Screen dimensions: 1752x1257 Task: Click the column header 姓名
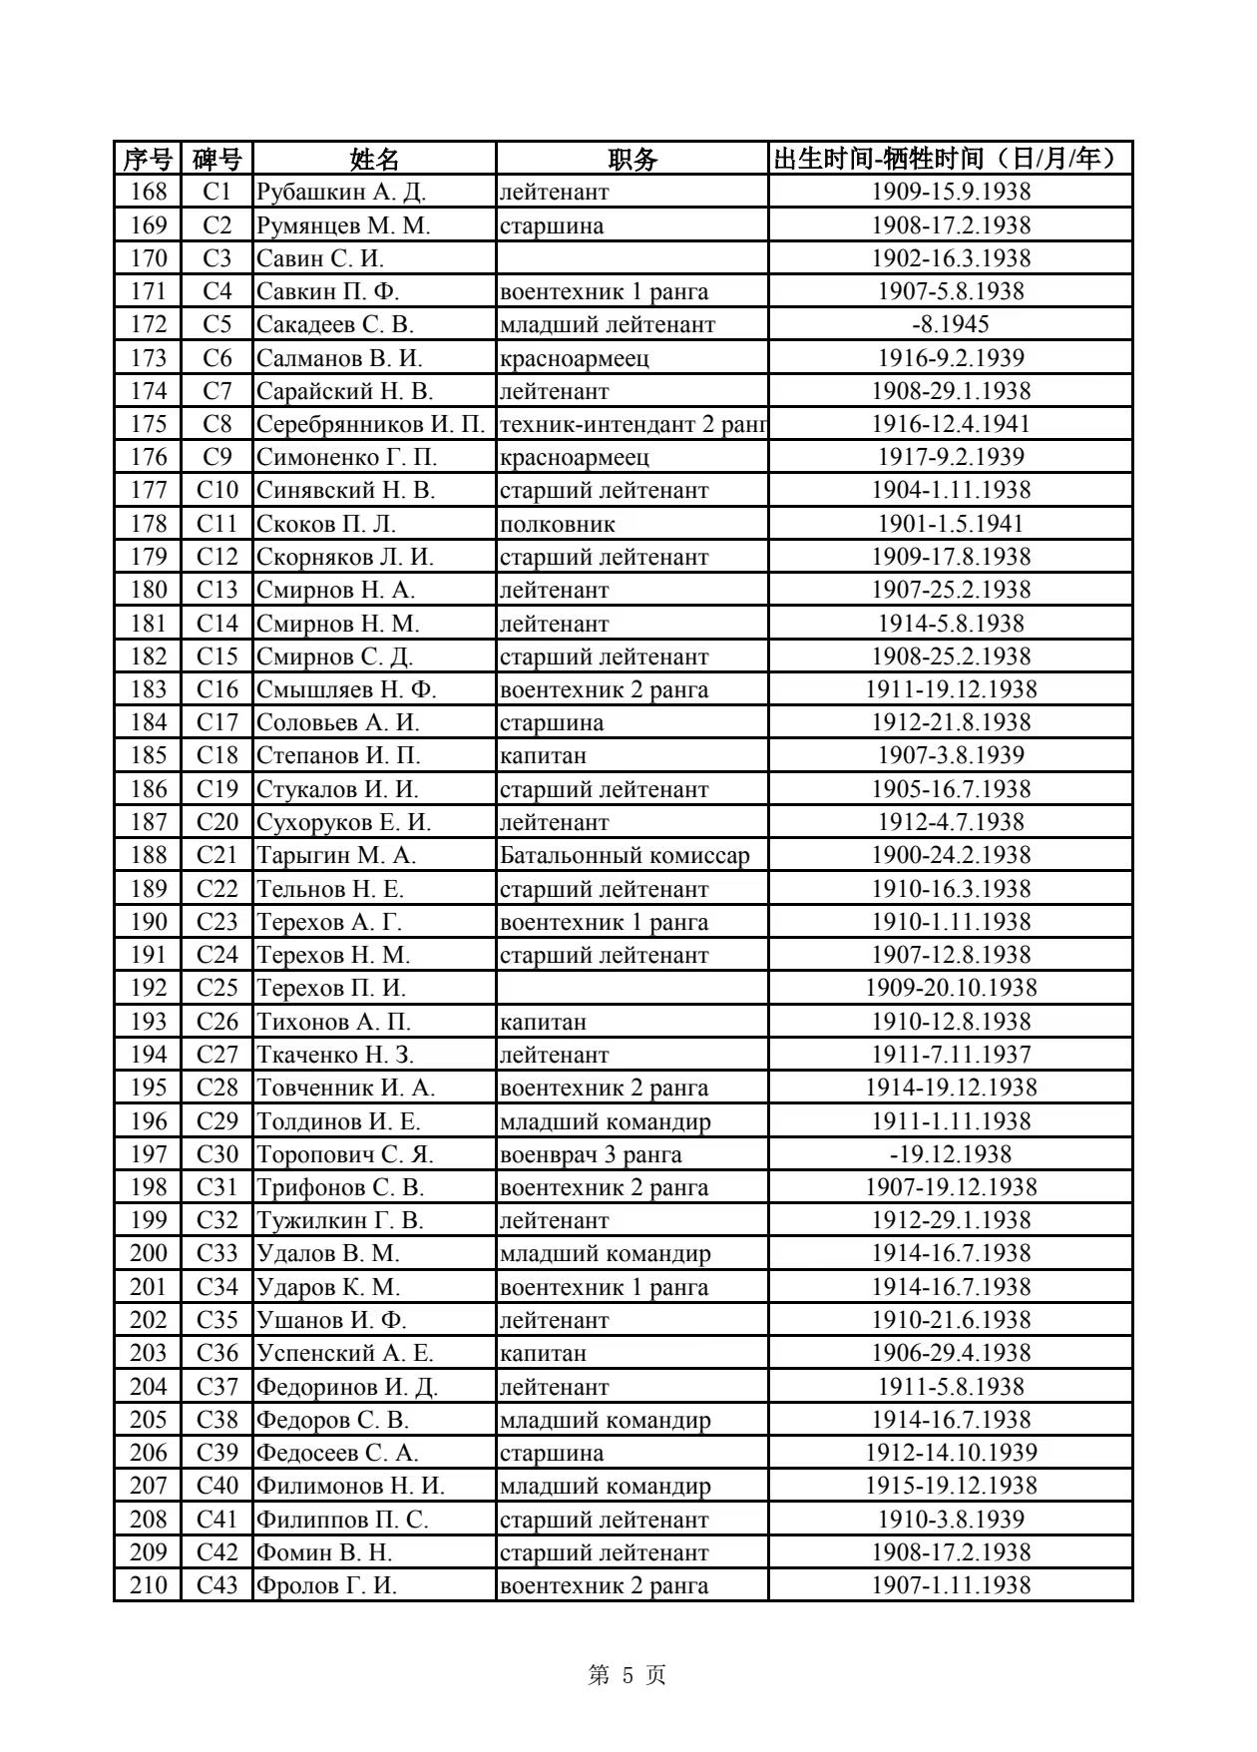374,159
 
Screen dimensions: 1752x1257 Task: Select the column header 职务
631,159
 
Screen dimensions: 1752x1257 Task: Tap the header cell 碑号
216,159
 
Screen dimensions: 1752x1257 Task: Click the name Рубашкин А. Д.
341,192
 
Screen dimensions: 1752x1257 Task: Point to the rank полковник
557,524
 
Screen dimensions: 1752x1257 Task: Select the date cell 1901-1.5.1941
950,524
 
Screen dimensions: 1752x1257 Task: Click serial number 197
148,1154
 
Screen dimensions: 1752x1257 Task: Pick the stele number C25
216,988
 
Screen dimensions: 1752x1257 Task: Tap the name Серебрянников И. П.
370,424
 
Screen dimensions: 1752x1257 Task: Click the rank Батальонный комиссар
624,855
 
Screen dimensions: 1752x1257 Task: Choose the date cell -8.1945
950,324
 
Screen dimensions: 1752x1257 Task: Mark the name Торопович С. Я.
344,1154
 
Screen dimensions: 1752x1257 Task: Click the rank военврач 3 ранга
591,1154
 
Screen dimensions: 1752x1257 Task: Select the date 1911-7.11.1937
950,1055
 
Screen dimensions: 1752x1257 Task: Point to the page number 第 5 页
628,1675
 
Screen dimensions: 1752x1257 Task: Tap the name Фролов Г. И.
326,1585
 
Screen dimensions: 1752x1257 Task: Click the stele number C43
216,1585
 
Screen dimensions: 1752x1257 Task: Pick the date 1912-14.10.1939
950,1453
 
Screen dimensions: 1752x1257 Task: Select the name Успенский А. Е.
344,1353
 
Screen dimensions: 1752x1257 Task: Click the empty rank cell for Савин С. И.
631,258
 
